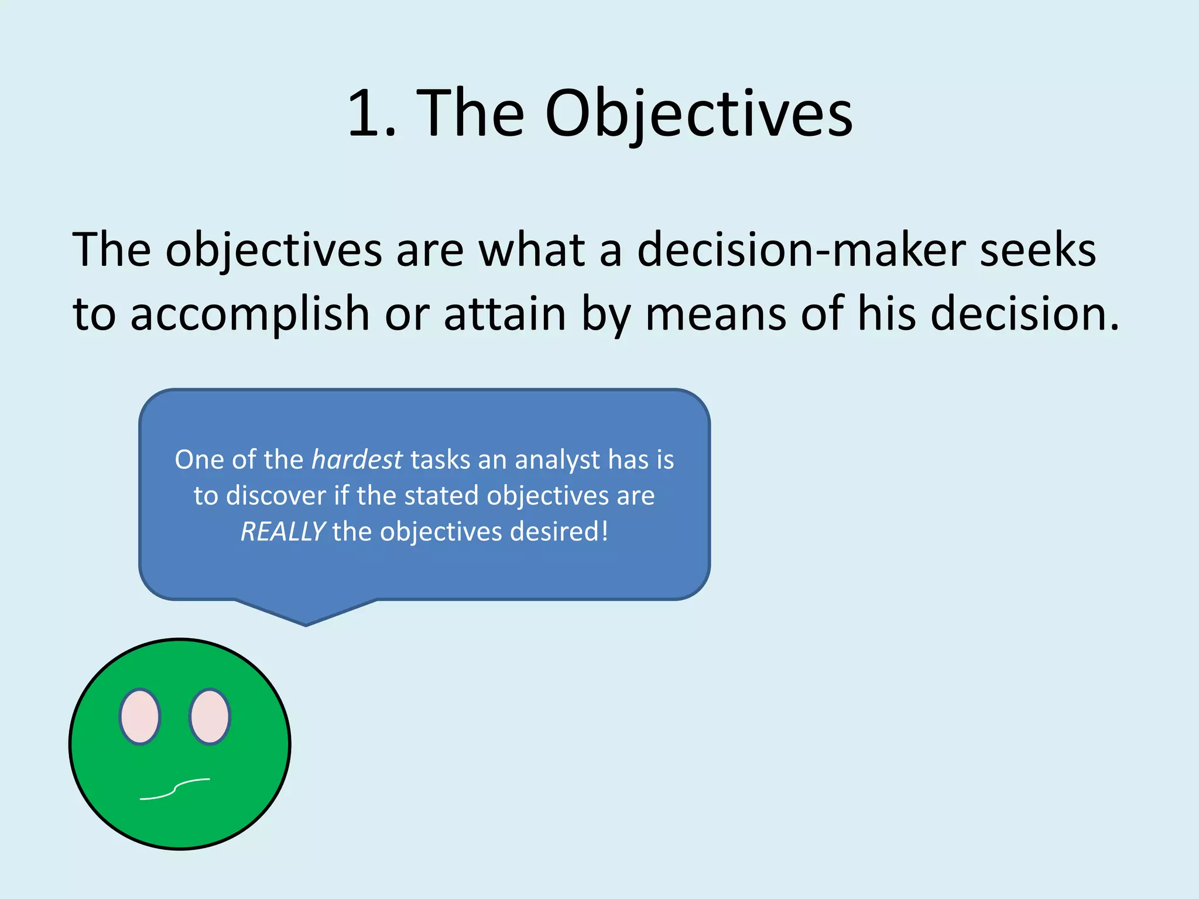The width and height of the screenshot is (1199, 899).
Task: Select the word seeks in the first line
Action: click(1037, 251)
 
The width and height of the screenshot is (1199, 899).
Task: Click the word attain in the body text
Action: click(505, 314)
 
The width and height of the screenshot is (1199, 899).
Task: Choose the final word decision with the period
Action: click(1025, 314)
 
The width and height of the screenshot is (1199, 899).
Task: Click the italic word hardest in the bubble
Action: click(357, 459)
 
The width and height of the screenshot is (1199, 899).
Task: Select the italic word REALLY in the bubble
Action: click(282, 531)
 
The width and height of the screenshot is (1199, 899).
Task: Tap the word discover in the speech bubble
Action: click(276, 496)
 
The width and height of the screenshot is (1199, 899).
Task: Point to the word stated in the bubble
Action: click(441, 496)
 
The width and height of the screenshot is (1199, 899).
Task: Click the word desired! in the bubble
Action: click(559, 531)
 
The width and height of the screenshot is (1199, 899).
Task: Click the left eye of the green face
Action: click(139, 716)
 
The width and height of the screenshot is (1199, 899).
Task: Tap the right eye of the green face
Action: click(210, 716)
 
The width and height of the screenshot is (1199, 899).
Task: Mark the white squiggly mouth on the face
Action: click(174, 789)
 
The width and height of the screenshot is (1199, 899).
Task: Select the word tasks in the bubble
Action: click(440, 460)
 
